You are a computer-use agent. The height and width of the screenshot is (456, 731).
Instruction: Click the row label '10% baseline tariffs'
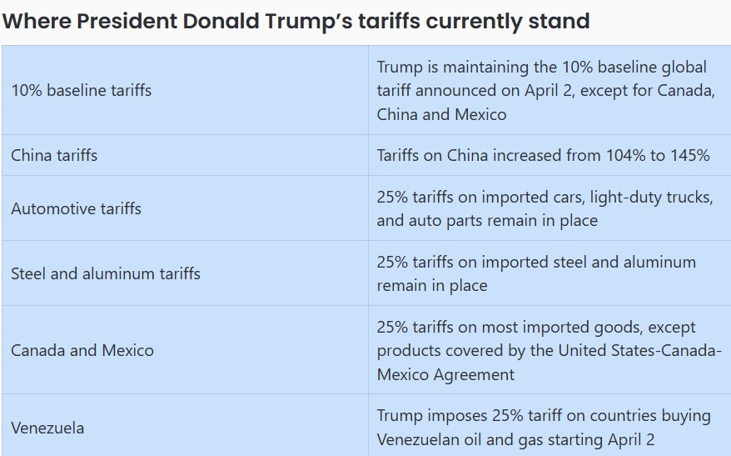tap(81, 90)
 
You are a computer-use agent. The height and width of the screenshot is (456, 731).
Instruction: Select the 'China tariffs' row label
tap(54, 155)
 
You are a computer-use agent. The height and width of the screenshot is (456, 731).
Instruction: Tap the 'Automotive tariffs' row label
tap(76, 208)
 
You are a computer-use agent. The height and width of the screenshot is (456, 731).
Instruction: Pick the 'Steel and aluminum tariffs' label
tap(106, 273)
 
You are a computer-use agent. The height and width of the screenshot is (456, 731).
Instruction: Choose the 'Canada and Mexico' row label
tap(82, 350)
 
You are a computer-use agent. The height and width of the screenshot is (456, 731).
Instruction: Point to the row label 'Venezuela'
tap(47, 428)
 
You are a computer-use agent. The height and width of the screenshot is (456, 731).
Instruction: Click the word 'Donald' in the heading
tap(221, 21)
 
